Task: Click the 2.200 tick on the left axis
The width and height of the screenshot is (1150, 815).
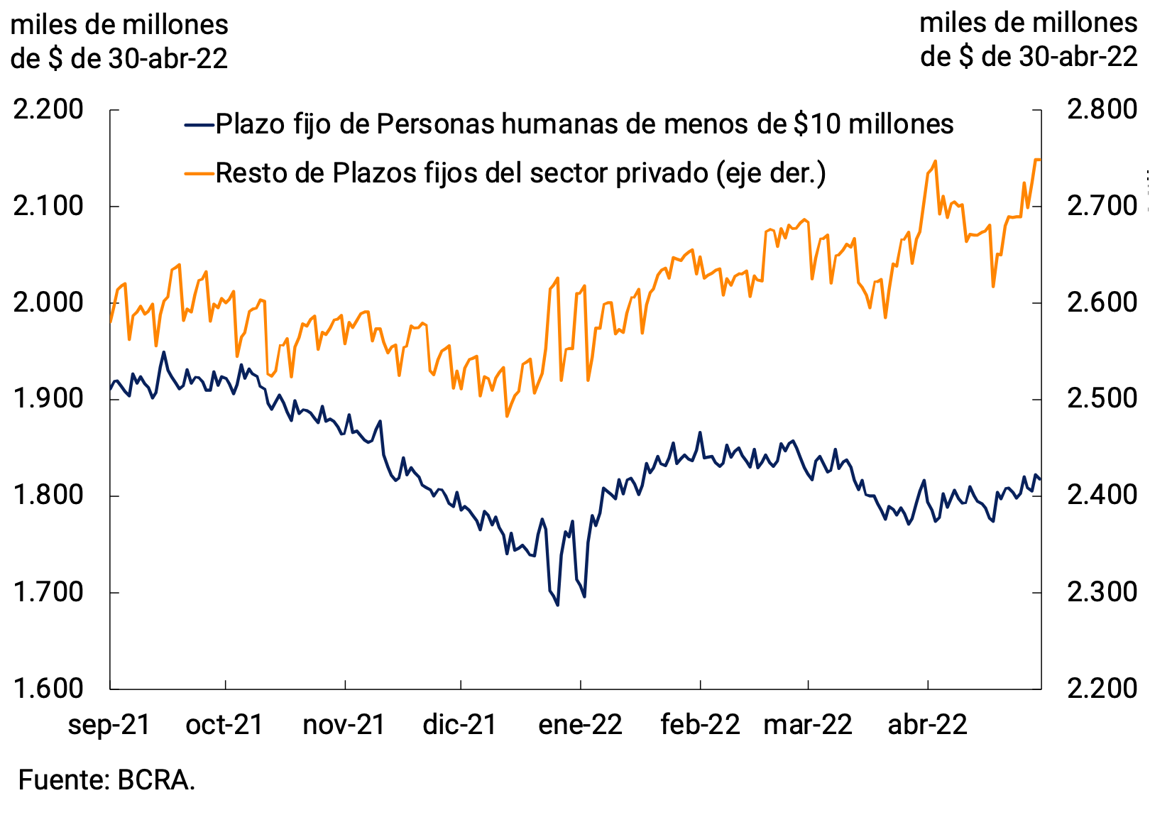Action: coord(48,110)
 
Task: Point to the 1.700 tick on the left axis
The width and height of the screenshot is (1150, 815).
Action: coord(48,592)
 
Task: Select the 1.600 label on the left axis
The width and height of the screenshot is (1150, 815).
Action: coord(48,688)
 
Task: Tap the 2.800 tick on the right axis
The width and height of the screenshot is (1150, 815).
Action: coord(1102,110)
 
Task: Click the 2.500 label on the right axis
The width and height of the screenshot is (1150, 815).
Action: coord(1102,399)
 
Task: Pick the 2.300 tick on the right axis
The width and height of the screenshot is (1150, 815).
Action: coord(1102,592)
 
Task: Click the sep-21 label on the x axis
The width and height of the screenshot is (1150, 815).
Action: coord(109,725)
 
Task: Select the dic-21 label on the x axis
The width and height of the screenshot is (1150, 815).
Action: coord(460,725)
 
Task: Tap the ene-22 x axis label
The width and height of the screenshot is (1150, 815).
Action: coord(581,725)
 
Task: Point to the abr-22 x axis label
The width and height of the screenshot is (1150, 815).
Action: coord(928,725)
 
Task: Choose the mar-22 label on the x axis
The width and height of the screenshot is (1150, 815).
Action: coord(808,725)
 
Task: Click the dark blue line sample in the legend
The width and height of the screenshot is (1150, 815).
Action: coord(199,125)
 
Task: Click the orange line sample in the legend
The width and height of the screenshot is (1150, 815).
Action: coord(199,173)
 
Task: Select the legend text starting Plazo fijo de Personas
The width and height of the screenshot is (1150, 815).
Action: coord(584,125)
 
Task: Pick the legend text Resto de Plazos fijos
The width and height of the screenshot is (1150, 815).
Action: coord(520,173)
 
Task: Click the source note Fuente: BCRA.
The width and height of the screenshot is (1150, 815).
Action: coord(106,780)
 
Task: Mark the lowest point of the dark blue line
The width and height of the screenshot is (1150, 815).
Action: coord(557,605)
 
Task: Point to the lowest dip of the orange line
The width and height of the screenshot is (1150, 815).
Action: coord(507,416)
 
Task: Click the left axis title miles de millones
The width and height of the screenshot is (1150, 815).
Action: coord(119,25)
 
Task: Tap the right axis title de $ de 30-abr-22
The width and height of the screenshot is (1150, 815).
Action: coord(1029,57)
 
